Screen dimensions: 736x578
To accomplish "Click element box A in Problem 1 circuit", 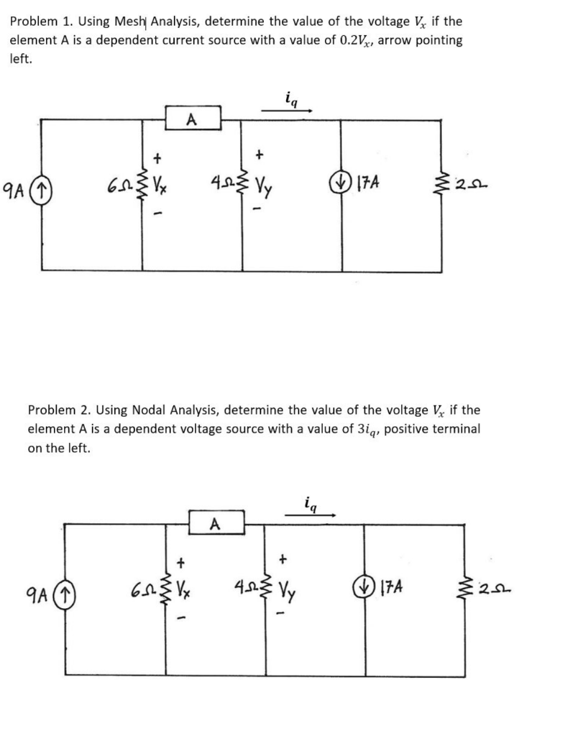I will tap(193, 119).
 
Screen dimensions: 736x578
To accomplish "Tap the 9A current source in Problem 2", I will tap(66, 595).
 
